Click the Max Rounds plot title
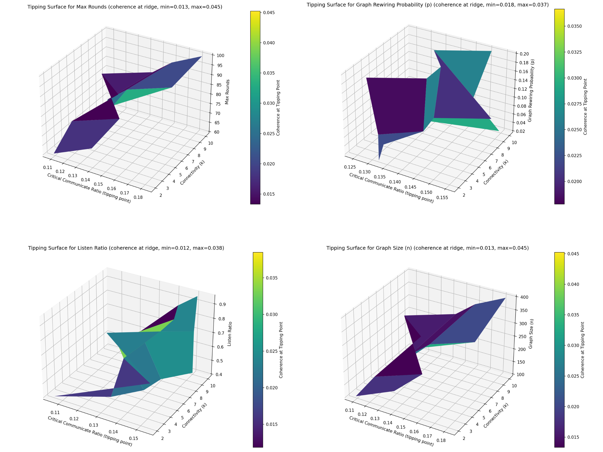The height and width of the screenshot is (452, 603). tap(125, 7)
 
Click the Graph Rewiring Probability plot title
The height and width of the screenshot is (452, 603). tap(427, 5)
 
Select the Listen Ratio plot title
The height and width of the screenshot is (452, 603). tap(126, 248)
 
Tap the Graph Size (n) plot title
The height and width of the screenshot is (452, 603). tap(427, 248)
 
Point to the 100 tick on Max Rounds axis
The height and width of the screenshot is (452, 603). tap(220, 55)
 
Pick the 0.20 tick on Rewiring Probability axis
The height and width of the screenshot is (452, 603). tap(524, 54)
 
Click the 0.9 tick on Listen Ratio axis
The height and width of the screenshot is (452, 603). tap(222, 304)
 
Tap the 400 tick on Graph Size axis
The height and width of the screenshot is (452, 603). tap(524, 297)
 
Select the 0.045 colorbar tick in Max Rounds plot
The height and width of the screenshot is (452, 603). tap(269, 13)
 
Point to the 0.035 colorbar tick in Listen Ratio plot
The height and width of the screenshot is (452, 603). tap(272, 278)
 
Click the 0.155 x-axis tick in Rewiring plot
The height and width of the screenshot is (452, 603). tap(442, 198)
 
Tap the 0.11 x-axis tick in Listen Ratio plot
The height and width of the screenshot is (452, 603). tap(55, 413)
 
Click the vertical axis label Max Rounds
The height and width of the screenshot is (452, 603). tap(227, 92)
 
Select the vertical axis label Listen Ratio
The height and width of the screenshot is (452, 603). tap(230, 334)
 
